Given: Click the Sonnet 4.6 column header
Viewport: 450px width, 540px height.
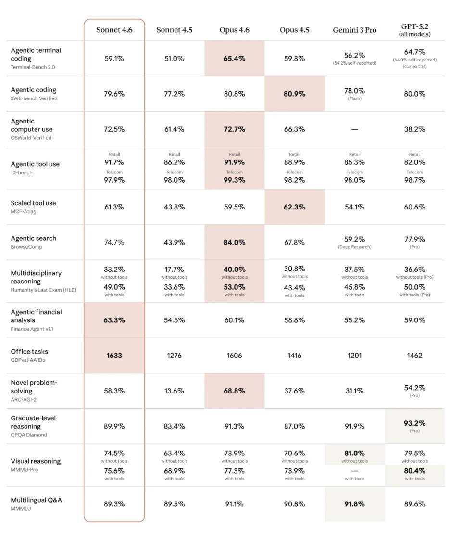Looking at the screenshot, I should click(x=114, y=30).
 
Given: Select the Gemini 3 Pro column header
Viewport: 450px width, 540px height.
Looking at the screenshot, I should click(x=355, y=30).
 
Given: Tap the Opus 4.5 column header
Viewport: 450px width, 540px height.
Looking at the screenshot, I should click(x=294, y=30).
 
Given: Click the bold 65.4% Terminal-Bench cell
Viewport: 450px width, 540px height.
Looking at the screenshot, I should click(x=234, y=59).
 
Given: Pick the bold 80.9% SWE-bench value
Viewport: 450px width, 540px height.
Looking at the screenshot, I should click(x=294, y=94).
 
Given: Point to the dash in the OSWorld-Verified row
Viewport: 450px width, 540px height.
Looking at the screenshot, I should click(x=355, y=129).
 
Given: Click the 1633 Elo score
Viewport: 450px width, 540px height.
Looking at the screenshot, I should click(x=114, y=356).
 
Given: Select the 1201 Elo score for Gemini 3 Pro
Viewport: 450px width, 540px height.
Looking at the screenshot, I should click(x=355, y=356).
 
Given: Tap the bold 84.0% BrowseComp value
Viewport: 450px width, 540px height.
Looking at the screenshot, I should click(x=234, y=242).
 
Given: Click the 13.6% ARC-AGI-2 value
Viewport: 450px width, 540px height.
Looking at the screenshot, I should click(x=174, y=391).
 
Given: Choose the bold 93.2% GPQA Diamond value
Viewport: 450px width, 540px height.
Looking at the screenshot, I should click(x=414, y=423).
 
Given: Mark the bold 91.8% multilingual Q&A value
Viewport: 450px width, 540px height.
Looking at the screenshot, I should click(x=355, y=504).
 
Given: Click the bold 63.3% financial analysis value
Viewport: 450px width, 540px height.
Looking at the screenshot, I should click(x=114, y=320).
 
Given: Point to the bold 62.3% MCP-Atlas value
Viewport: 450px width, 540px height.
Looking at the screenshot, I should click(x=294, y=207).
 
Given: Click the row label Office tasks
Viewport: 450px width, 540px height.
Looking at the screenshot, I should click(x=29, y=351).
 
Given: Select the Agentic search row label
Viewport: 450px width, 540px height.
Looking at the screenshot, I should click(x=33, y=238).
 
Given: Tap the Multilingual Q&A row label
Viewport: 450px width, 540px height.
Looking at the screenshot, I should click(x=36, y=500).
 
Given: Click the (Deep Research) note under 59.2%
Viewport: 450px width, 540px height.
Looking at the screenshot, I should click(x=355, y=247).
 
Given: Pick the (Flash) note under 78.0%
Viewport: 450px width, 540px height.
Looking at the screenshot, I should click(x=355, y=99).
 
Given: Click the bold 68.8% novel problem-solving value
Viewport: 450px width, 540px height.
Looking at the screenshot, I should click(x=234, y=391).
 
